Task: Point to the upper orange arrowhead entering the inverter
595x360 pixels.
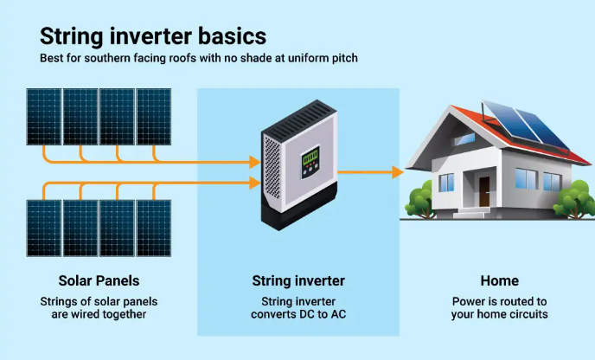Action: click(253, 162)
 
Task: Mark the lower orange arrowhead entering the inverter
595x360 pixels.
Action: click(253, 182)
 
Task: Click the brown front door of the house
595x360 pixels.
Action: click(483, 192)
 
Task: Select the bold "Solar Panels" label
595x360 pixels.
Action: click(99, 281)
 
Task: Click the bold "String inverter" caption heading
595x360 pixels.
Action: click(297, 281)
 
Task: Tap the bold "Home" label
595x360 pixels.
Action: click(499, 281)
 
